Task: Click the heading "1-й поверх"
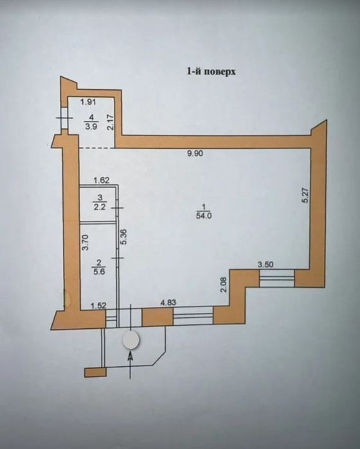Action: click(x=212, y=71)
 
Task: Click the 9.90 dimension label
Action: click(x=195, y=154)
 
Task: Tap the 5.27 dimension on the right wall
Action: click(x=305, y=195)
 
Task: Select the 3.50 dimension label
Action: click(x=265, y=265)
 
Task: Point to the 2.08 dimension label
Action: click(x=224, y=284)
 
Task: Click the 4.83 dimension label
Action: click(x=168, y=303)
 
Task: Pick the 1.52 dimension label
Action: click(x=98, y=306)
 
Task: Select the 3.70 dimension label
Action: click(x=85, y=243)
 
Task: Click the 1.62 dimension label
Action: click(x=102, y=180)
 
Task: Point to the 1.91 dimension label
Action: click(x=87, y=101)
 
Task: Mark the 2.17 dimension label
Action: click(x=111, y=122)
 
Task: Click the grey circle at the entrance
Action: click(x=130, y=340)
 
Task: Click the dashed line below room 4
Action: click(x=97, y=148)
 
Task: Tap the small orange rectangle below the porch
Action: click(x=95, y=373)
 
